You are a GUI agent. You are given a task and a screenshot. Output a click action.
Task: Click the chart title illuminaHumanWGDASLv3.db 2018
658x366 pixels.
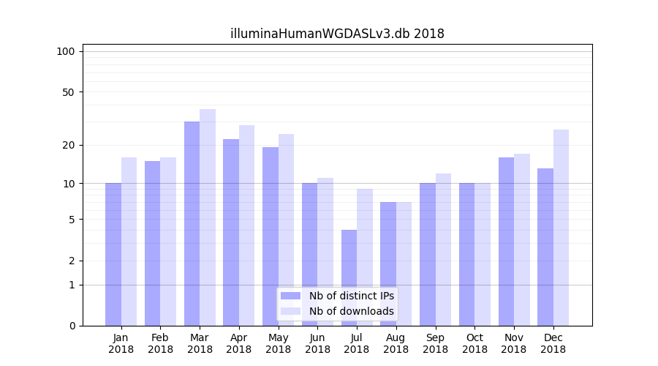(x=337, y=34)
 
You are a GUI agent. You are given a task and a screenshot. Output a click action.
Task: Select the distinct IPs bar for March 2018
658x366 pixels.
(x=192, y=223)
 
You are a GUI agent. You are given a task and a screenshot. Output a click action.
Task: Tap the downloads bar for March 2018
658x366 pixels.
(x=208, y=217)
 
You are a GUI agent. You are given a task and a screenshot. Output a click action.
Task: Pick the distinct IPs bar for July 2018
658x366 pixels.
(x=349, y=277)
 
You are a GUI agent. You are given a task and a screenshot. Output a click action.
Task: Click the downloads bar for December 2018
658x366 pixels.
(x=561, y=228)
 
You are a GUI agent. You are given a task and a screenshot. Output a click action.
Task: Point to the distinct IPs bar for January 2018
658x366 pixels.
(x=113, y=254)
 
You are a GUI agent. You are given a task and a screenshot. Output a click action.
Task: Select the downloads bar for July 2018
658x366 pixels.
(x=365, y=257)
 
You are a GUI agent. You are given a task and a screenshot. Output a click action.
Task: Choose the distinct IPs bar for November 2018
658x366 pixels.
(x=506, y=242)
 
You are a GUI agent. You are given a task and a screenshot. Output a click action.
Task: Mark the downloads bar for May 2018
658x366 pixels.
(x=286, y=230)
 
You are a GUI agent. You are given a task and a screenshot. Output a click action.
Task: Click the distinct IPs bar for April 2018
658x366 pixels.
(x=231, y=232)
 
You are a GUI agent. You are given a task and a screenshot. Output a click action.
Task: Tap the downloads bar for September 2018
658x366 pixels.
(x=443, y=250)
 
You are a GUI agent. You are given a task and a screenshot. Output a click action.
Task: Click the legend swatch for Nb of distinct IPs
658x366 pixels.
(x=291, y=296)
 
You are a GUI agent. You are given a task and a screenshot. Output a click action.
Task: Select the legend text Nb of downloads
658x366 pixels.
(x=351, y=312)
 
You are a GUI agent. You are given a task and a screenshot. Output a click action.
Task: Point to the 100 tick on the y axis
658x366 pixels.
(x=66, y=51)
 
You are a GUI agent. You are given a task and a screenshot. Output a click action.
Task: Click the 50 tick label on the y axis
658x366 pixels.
(x=68, y=92)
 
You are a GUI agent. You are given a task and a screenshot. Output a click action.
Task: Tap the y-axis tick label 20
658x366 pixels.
(x=68, y=145)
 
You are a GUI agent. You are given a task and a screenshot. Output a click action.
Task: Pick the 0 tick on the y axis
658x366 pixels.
(x=72, y=326)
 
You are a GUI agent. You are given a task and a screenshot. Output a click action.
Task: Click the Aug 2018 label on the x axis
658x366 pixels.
(x=396, y=343)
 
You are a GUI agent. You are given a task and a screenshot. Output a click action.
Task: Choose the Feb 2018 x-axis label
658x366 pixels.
(x=161, y=343)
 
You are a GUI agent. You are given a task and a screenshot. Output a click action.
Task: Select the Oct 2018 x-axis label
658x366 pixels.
(x=474, y=343)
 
